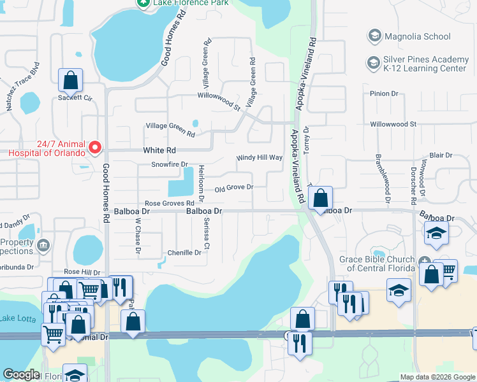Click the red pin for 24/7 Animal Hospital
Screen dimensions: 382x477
(x=95, y=148)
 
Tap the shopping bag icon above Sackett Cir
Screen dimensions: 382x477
(x=70, y=80)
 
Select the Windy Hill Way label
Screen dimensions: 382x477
(x=259, y=157)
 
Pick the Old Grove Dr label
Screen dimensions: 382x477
(x=234, y=188)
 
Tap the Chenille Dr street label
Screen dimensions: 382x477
(x=184, y=253)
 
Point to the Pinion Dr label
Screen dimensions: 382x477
(x=384, y=94)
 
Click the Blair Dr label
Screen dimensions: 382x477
(x=441, y=155)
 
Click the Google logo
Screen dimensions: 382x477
(x=21, y=374)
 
